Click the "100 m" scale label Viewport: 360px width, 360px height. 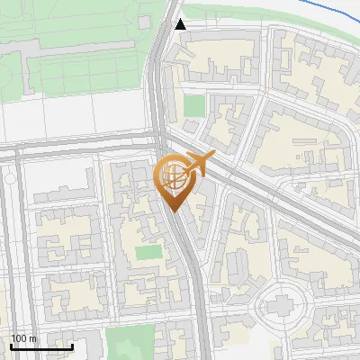(x=23, y=338)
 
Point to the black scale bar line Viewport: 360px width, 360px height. (x=40, y=346)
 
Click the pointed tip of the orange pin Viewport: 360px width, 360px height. (x=174, y=212)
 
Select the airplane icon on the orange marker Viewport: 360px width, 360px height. (x=198, y=165)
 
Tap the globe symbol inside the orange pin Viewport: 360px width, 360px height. (x=173, y=178)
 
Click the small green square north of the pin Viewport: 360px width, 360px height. (x=194, y=105)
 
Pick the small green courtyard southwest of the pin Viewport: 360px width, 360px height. (x=148, y=252)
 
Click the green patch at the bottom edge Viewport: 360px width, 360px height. (x=130, y=343)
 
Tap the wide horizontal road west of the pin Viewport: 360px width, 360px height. (x=81, y=149)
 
